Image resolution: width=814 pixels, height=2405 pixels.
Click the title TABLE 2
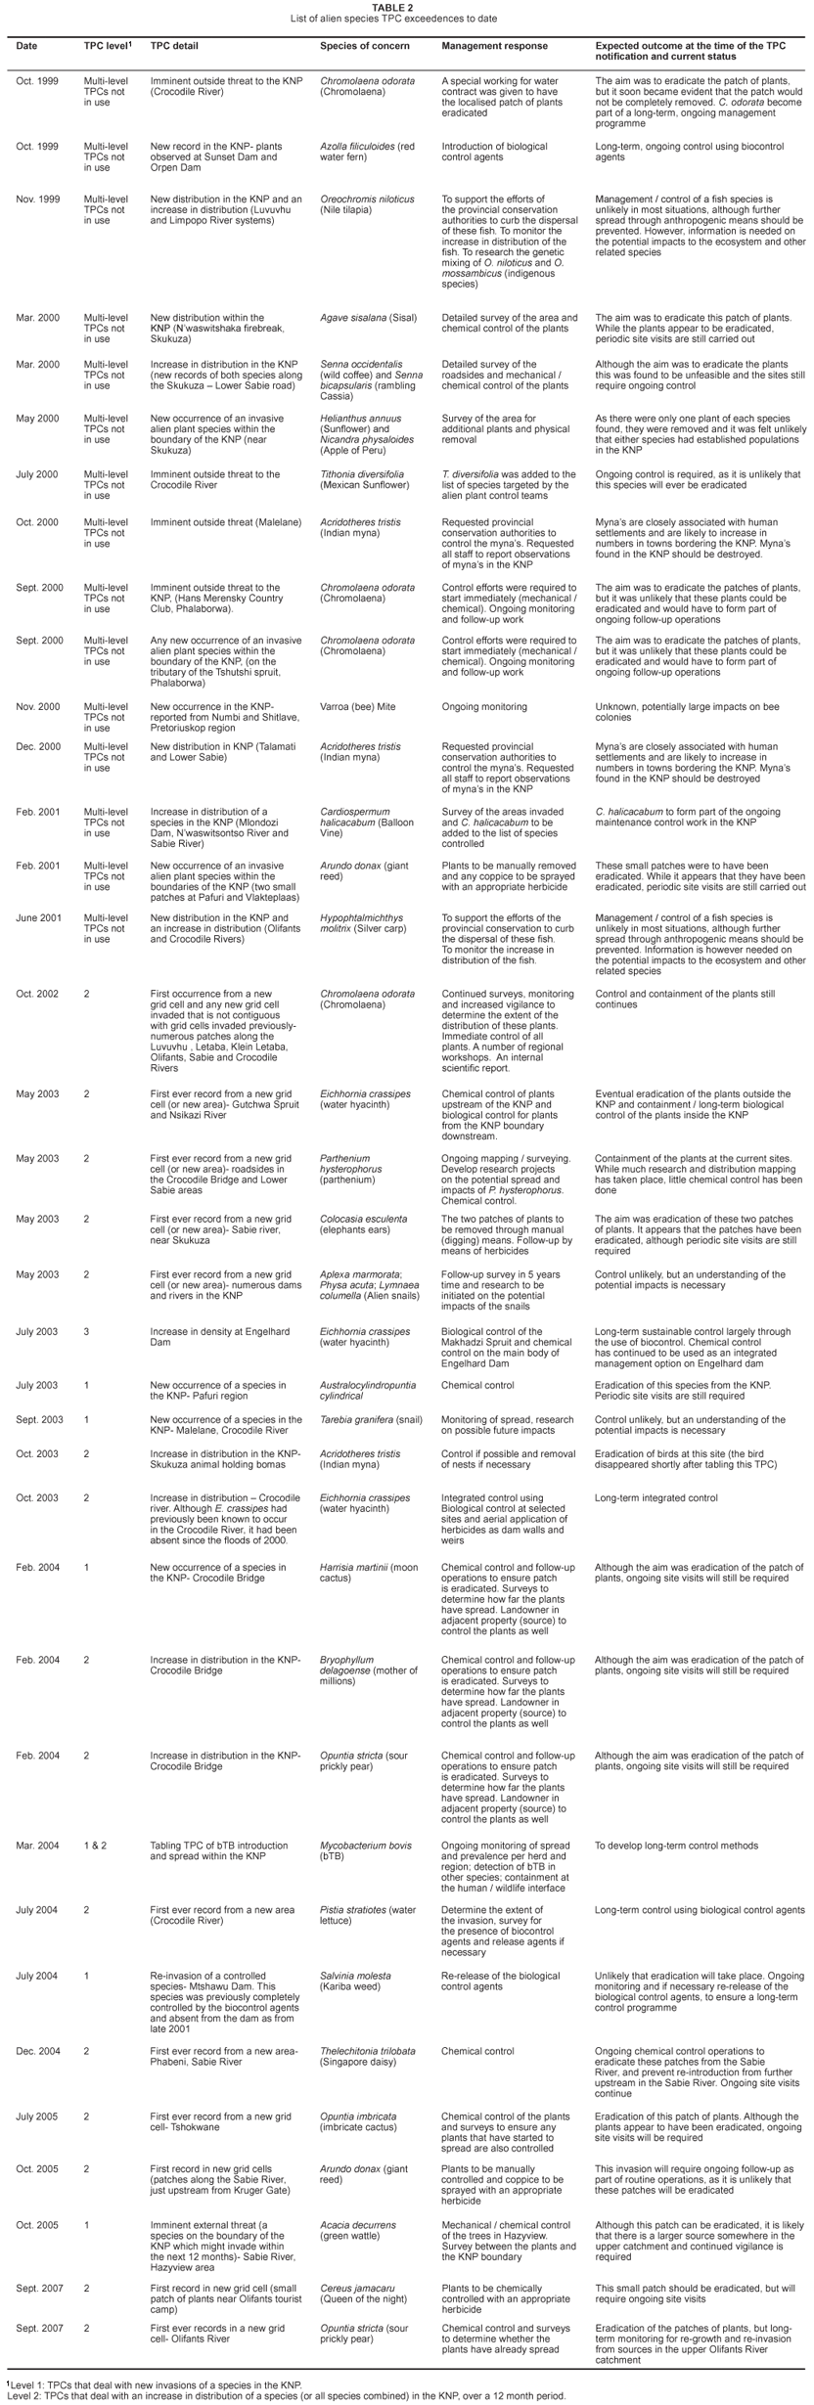[x=406, y=6]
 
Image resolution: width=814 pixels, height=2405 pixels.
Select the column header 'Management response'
[x=494, y=46]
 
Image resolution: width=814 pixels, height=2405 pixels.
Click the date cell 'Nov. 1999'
[x=37, y=200]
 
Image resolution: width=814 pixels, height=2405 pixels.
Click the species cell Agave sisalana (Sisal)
[x=361, y=318]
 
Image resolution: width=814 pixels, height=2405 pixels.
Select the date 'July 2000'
[x=37, y=474]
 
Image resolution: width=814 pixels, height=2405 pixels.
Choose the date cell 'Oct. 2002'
[x=37, y=994]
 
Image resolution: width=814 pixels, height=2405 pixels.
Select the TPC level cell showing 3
[x=86, y=1331]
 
